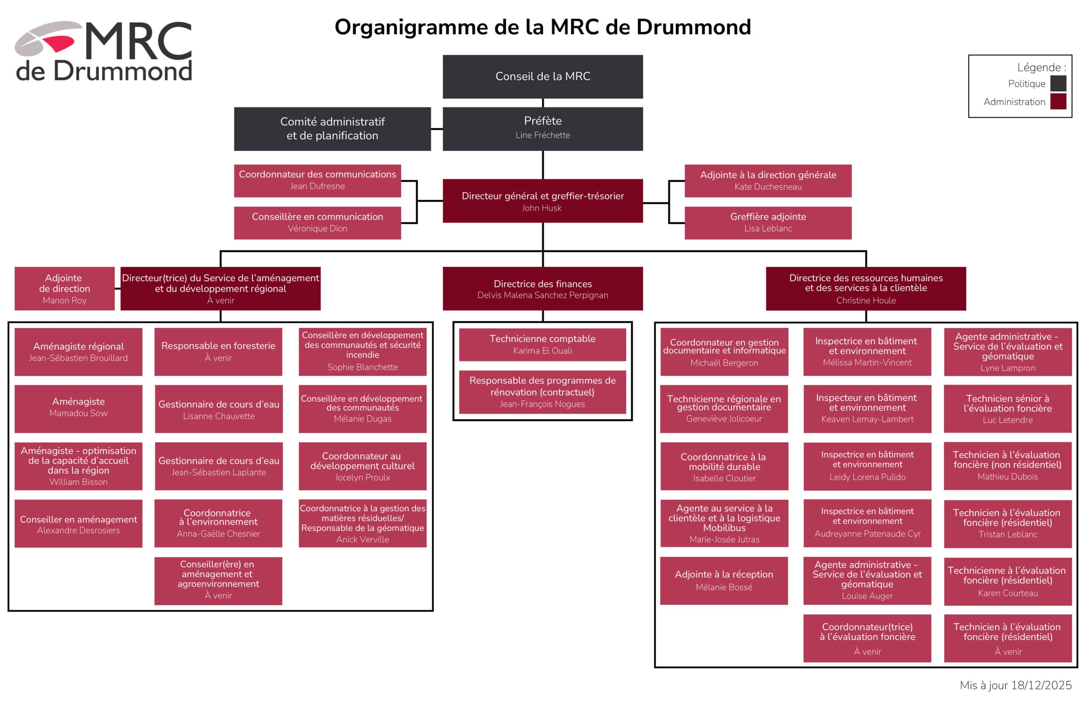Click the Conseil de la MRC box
[x=542, y=77]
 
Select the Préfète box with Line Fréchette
[x=542, y=129]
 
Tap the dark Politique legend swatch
[x=1058, y=84]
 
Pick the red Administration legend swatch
[x=1058, y=101]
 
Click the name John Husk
[x=541, y=208]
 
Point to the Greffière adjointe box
[x=768, y=223]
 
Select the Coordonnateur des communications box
[x=317, y=181]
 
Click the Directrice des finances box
[x=542, y=289]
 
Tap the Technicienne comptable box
[x=542, y=345]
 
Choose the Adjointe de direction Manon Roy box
[x=64, y=289]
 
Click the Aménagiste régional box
[x=78, y=352]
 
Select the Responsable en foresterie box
[x=218, y=352]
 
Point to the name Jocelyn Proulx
[x=362, y=478]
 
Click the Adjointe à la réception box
[x=724, y=581]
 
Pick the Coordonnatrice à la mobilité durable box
[x=724, y=466]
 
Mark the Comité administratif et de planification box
[x=332, y=129]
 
